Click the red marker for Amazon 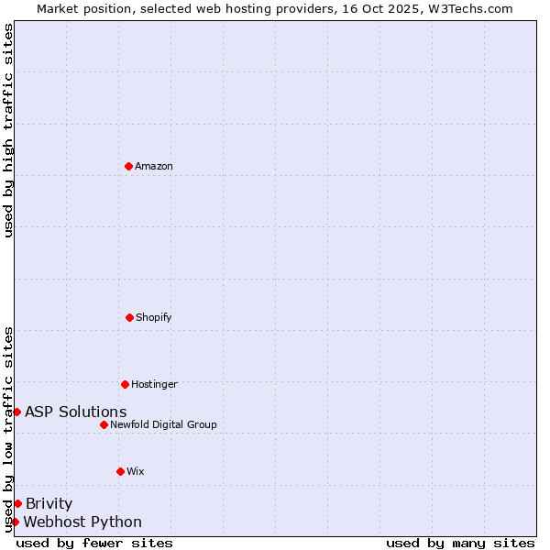[128, 166]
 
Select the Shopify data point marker [129, 317]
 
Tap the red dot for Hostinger [125, 384]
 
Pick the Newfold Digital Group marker [104, 424]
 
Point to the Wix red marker [120, 471]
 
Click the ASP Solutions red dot [16, 412]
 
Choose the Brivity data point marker [17, 503]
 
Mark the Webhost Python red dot [15, 522]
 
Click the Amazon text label [154, 166]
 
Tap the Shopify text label [154, 317]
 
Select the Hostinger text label [154, 384]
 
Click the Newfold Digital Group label [163, 424]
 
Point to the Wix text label [136, 471]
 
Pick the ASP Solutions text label [76, 412]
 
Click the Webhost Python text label [82, 522]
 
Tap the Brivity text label [49, 503]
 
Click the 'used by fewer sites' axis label [94, 543]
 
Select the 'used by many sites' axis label [460, 543]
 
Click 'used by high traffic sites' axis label [8, 130]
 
